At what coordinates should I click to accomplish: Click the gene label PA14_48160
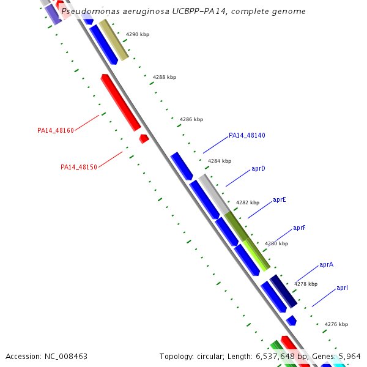click(x=56, y=130)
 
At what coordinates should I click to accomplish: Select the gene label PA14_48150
click(x=79, y=167)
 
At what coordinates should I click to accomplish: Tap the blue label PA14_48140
click(x=247, y=135)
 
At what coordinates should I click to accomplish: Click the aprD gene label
click(x=258, y=168)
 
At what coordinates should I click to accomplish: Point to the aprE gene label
click(x=279, y=199)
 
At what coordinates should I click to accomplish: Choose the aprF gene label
click(x=299, y=228)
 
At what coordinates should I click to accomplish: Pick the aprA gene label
click(x=326, y=265)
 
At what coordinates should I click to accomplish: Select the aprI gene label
click(x=342, y=287)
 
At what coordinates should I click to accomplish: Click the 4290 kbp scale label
click(x=137, y=34)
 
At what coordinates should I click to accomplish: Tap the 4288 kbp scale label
click(x=164, y=77)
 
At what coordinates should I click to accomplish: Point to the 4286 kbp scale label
click(x=191, y=119)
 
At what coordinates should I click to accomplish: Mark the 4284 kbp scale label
click(x=219, y=161)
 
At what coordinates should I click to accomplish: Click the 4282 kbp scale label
click(x=247, y=202)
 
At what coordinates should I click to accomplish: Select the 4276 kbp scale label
click(x=336, y=324)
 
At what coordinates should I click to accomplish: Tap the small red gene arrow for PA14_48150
click(x=144, y=139)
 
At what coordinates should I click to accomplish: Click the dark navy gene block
click(x=283, y=291)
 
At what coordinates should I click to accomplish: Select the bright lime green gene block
click(x=256, y=254)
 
